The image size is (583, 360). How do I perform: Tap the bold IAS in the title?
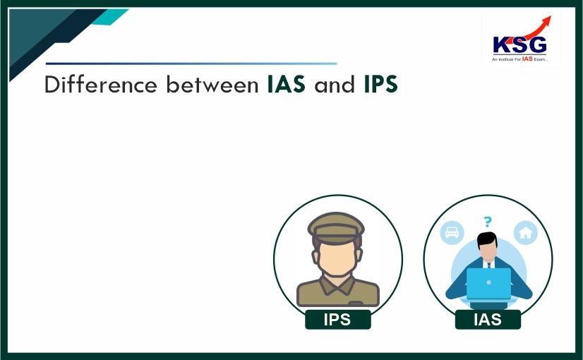(x=287, y=85)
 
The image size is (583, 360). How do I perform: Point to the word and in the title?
(x=335, y=85)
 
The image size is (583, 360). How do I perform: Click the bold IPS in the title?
(x=381, y=85)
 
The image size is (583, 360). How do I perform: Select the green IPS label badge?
(x=337, y=319)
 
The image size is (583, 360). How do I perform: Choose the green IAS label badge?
(x=488, y=319)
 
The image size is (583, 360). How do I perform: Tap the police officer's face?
(x=337, y=258)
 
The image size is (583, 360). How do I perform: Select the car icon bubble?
(x=452, y=232)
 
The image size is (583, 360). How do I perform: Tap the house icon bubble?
(x=526, y=233)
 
